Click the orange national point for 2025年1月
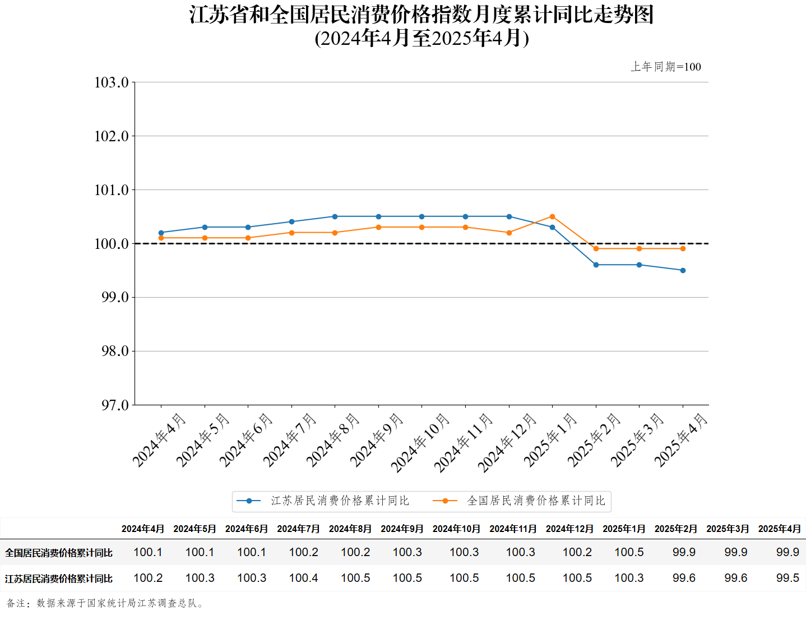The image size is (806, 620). coord(552,216)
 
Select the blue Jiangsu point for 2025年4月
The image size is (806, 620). coord(683,270)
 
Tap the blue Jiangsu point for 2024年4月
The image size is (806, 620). coord(161,233)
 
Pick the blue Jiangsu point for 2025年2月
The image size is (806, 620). coord(596,265)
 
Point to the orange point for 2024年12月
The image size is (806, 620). coord(509,233)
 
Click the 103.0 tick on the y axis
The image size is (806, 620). coord(112,82)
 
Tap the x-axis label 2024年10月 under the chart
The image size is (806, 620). coord(421,442)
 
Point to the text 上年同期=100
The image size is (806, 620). coord(666,67)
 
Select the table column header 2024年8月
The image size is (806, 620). coord(350,529)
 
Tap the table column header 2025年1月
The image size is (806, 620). coord(624,529)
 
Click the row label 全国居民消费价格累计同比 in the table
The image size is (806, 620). coord(59,553)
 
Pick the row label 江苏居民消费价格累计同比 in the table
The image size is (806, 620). coord(59,579)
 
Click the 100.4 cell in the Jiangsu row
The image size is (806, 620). coord(303,578)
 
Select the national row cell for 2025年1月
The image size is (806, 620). coord(629,552)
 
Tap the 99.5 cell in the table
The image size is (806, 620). coord(788,578)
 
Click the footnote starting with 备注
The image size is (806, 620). coord(105,603)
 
